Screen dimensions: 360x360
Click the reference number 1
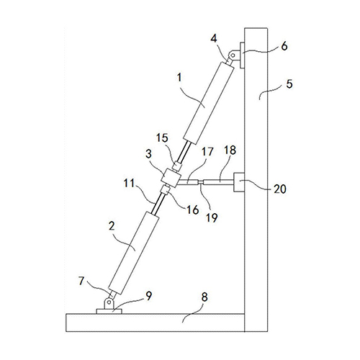(x=179, y=78)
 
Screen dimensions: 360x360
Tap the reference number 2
(x=112, y=226)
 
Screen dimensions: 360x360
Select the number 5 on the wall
(x=289, y=84)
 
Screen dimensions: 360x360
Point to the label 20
(x=280, y=189)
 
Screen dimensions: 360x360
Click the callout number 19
(x=212, y=217)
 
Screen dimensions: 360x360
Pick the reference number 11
(x=129, y=184)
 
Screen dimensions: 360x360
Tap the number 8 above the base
(x=204, y=297)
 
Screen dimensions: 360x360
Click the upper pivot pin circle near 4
(x=232, y=55)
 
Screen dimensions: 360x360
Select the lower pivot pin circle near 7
(x=109, y=302)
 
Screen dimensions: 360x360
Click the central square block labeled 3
(x=171, y=179)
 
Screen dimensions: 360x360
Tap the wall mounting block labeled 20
(x=239, y=182)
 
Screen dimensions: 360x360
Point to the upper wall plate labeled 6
(x=242, y=55)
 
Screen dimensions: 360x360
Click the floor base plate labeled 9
(x=109, y=311)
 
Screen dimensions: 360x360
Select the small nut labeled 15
(x=177, y=166)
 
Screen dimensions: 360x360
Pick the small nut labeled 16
(x=165, y=189)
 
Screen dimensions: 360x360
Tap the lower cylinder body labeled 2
(x=134, y=253)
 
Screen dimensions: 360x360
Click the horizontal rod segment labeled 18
(x=218, y=182)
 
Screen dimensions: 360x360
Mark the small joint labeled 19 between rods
(x=201, y=182)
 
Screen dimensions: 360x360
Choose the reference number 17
(x=207, y=152)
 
